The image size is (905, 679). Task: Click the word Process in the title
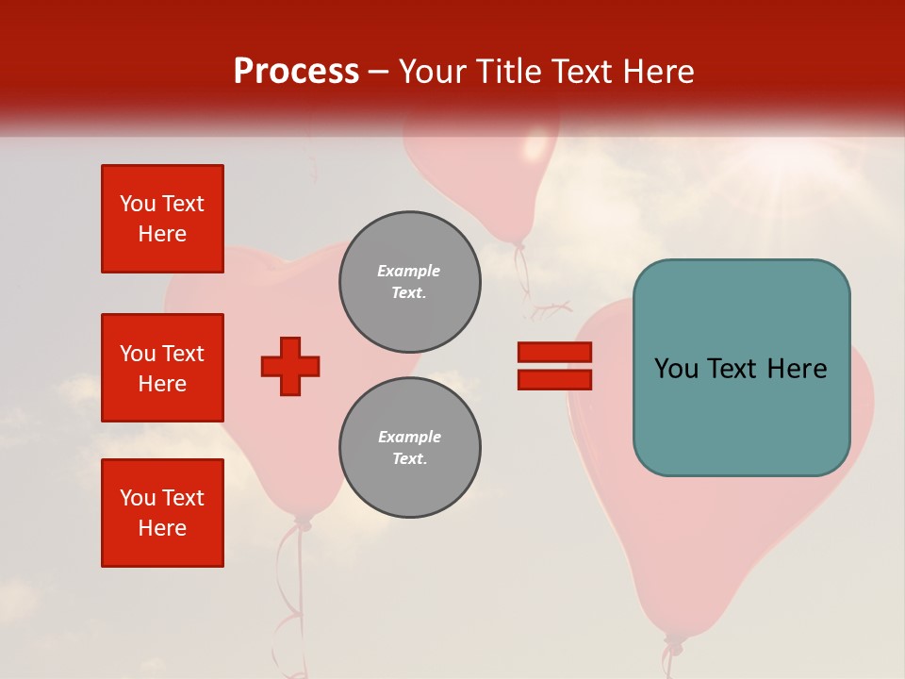click(296, 71)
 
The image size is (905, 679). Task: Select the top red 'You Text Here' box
click(162, 219)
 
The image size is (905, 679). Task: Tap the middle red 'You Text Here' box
click(162, 368)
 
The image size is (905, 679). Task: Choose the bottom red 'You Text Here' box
click(162, 513)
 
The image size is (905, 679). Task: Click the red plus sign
click(290, 367)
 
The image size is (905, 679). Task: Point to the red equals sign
click(554, 366)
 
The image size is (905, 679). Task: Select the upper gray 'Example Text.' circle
click(409, 282)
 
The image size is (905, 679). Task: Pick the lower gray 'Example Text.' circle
click(409, 448)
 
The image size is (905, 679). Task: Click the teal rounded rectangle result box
click(741, 367)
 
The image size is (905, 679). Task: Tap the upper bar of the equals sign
click(554, 352)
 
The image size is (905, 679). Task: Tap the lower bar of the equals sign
click(554, 380)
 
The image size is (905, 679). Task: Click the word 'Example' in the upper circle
click(409, 271)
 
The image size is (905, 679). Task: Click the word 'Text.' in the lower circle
click(409, 459)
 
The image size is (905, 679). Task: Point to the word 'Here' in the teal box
click(798, 369)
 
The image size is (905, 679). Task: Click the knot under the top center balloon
click(518, 246)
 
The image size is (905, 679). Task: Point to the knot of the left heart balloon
click(302, 521)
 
